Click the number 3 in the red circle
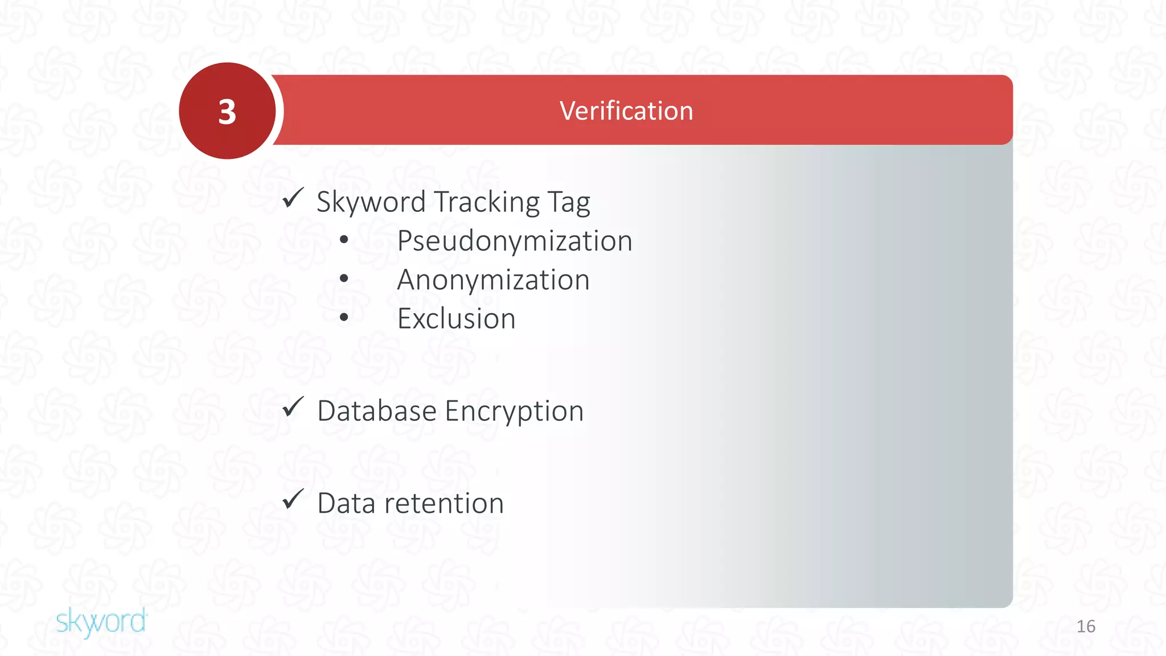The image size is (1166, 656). [x=227, y=112]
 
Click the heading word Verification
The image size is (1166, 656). [x=626, y=110]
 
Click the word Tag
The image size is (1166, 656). [x=568, y=202]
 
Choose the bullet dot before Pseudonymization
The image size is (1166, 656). [x=344, y=240]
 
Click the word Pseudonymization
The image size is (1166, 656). [x=515, y=241]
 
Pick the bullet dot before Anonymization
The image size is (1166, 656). [x=344, y=279]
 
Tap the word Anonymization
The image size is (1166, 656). [x=493, y=280]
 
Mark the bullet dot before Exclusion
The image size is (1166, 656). [x=344, y=318]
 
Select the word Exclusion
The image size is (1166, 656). [x=456, y=318]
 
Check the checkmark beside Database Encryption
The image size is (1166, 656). [x=293, y=407]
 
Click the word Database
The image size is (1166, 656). [x=377, y=411]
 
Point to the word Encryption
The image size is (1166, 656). [x=515, y=411]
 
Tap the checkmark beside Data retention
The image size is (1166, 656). [x=293, y=499]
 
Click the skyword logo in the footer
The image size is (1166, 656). [x=101, y=621]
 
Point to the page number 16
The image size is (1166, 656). [x=1086, y=626]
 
